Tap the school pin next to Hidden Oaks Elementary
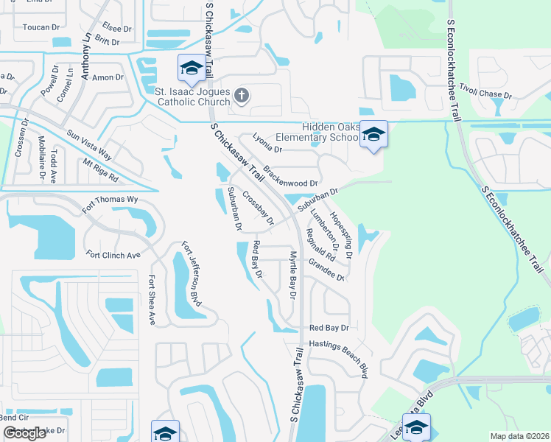[373, 135]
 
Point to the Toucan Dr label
[41, 27]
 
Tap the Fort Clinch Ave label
[113, 255]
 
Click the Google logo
[24, 433]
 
